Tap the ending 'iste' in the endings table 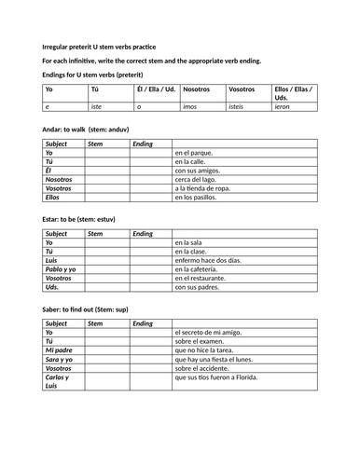coord(96,107)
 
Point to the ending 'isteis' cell coord(240,107)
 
